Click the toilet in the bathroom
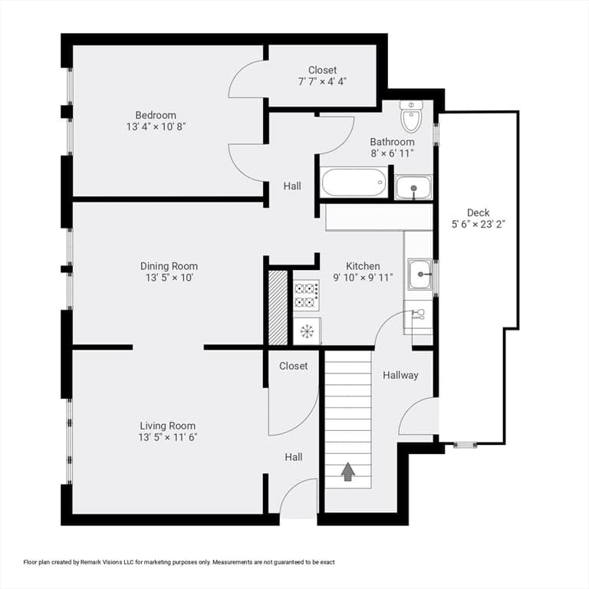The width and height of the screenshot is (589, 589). [411, 116]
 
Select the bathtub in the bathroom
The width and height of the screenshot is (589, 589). [354, 183]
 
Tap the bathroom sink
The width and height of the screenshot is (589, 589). [413, 187]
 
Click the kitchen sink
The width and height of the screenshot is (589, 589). [420, 275]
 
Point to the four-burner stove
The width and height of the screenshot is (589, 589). [307, 294]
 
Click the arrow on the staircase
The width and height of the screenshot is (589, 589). [348, 472]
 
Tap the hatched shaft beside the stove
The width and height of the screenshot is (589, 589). [278, 308]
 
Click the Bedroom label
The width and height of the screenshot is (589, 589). [156, 115]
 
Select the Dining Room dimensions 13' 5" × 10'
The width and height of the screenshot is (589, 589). [169, 278]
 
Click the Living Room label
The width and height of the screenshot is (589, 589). [167, 426]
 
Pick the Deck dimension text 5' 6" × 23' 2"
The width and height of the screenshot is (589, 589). [479, 224]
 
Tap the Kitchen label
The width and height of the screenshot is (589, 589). [363, 266]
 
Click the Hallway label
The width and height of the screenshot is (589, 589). [400, 375]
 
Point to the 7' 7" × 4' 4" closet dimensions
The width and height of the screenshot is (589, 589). [322, 81]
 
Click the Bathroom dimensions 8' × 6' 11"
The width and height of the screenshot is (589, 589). [392, 153]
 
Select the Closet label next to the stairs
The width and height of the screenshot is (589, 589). [294, 366]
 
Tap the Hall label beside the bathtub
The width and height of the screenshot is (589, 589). [292, 186]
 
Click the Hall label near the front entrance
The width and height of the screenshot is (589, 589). [294, 457]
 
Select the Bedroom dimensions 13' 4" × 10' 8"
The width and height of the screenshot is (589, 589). [156, 127]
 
